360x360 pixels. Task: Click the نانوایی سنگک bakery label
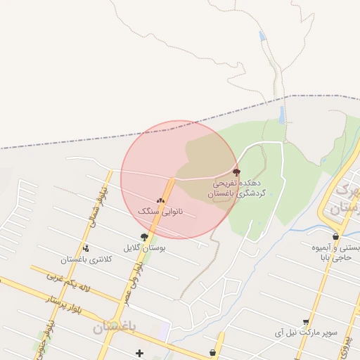[x=160, y=211]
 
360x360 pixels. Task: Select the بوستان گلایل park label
[x=144, y=247]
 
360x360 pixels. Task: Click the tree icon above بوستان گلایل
[x=144, y=238]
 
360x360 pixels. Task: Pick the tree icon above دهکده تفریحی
[x=236, y=172]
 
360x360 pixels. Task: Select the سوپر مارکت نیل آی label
[x=307, y=332]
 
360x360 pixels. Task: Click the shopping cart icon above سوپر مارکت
[x=306, y=322]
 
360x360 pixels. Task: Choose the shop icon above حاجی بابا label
[x=335, y=237]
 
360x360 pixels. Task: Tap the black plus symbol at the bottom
[x=139, y=353]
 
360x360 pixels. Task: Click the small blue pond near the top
[x=262, y=36]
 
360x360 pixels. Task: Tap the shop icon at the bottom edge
[x=212, y=353]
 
